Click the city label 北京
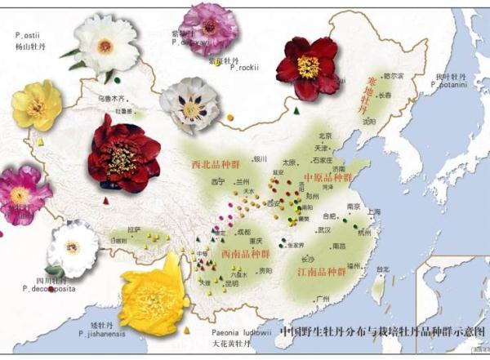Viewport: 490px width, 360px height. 325,136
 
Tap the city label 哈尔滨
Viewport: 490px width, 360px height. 393,76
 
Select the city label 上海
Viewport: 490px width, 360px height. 375,211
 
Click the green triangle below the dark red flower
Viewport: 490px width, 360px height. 296,109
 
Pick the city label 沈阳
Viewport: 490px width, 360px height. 370,121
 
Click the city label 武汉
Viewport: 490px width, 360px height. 324,230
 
